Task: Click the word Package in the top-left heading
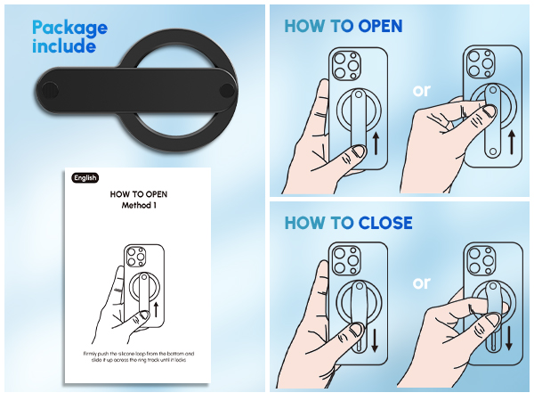[x=69, y=27]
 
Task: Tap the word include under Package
[x=63, y=46]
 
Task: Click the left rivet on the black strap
[x=50, y=91]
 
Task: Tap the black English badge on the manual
[x=85, y=177]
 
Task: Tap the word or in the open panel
[x=421, y=91]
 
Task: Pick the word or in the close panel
[x=421, y=282]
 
